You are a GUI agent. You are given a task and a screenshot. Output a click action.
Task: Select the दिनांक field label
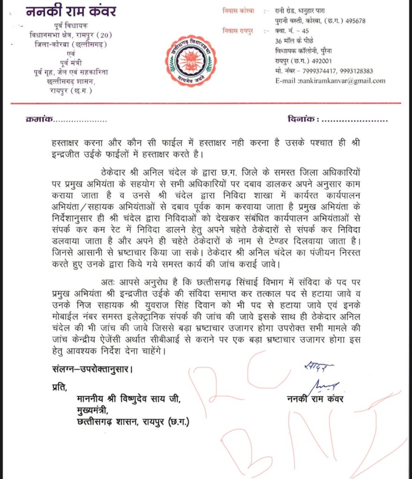click(301, 120)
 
